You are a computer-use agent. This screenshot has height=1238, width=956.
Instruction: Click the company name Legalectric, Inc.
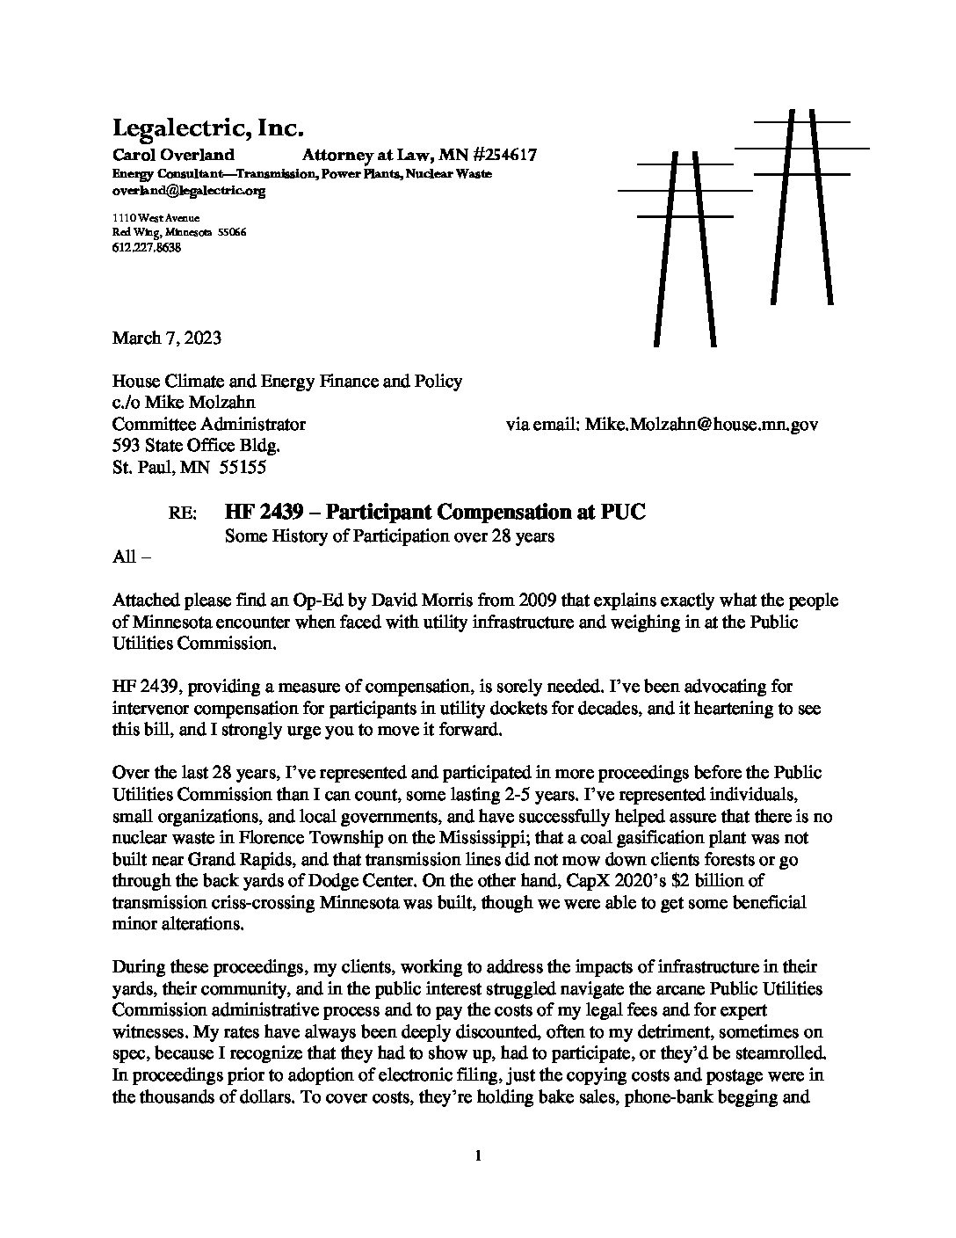point(207,128)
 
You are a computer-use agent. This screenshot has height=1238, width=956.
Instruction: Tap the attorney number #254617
point(497,156)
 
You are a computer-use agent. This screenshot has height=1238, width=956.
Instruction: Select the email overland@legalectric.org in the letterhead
point(189,190)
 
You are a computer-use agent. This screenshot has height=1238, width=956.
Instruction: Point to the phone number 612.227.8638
point(147,248)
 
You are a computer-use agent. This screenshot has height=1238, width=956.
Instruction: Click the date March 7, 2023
point(167,338)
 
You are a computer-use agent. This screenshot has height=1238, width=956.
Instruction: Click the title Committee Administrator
point(209,425)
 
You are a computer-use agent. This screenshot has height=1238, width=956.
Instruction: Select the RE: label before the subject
point(184,513)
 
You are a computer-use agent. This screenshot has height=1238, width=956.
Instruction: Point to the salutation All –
point(132,557)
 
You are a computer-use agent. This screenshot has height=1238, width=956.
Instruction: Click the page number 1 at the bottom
point(477,1157)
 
